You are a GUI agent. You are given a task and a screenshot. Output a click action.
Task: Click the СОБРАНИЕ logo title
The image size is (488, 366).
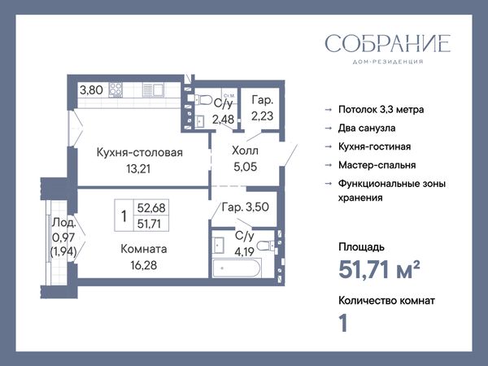pos(388,43)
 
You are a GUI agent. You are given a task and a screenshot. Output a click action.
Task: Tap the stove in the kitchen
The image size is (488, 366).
pos(115,89)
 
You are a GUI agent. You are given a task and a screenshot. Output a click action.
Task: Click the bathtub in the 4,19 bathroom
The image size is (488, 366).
pos(237,268)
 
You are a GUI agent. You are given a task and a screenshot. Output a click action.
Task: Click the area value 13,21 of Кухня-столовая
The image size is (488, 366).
pos(138,168)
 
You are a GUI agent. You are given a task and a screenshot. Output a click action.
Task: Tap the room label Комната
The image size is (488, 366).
pos(144,249)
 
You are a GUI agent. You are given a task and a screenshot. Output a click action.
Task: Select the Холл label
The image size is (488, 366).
pos(246,150)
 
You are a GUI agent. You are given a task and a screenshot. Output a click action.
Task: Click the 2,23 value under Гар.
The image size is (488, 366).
pos(263,115)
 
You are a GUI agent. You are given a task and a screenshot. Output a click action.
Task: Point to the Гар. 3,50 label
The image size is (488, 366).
pos(246,207)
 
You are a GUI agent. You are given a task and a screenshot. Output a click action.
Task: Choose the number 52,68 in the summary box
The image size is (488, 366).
pos(151,207)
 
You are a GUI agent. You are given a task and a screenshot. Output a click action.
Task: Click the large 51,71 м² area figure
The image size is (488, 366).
pos(379,269)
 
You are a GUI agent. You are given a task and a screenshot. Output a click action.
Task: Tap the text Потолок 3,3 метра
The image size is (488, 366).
pos(381,110)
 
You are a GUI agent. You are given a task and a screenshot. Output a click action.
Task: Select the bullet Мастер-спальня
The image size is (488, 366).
pos(377,165)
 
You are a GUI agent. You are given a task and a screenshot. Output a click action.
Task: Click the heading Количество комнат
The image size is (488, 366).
pos(386,301)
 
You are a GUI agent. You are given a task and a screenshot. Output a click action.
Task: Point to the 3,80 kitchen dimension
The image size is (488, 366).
pos(91,90)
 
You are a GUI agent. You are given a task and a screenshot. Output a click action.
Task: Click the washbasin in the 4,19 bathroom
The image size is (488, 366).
pos(219,246)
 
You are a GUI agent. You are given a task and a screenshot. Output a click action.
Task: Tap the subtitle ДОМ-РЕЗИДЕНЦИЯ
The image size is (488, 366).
pos(388,62)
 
